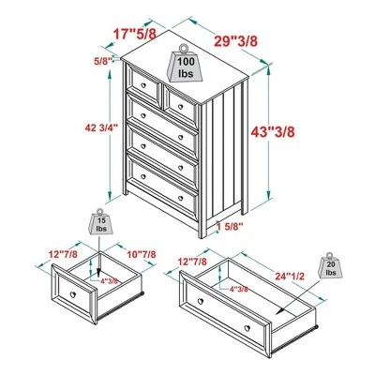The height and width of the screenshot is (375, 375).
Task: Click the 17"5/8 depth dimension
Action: pyautogui.click(x=134, y=34)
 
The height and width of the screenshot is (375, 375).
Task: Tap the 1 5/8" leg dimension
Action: pyautogui.click(x=229, y=225)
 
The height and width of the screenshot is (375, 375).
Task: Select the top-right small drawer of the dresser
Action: pyautogui.click(x=179, y=94)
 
